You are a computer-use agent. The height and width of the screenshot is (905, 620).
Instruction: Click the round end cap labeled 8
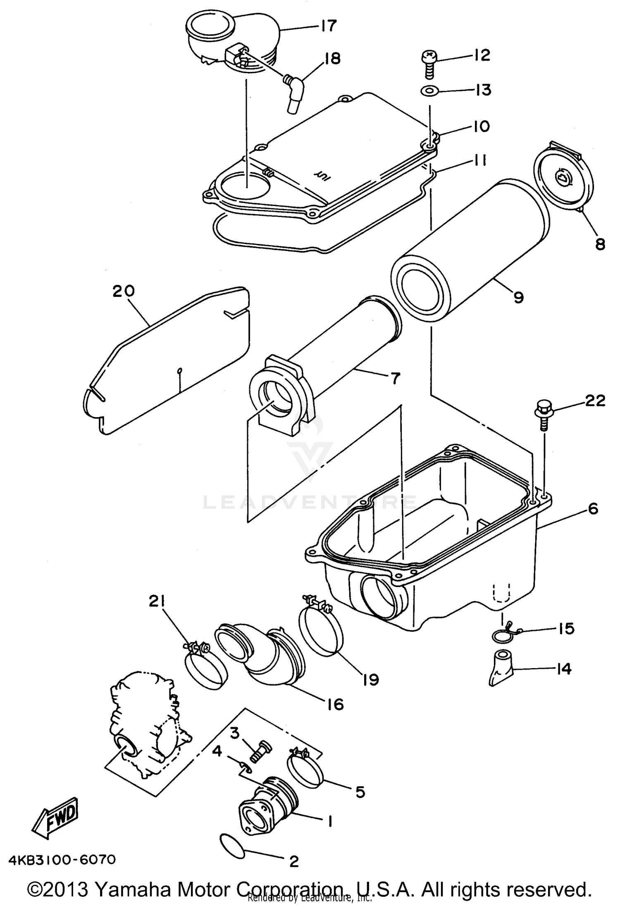click(x=563, y=178)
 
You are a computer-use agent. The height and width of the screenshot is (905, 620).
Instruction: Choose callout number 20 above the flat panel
click(x=124, y=291)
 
